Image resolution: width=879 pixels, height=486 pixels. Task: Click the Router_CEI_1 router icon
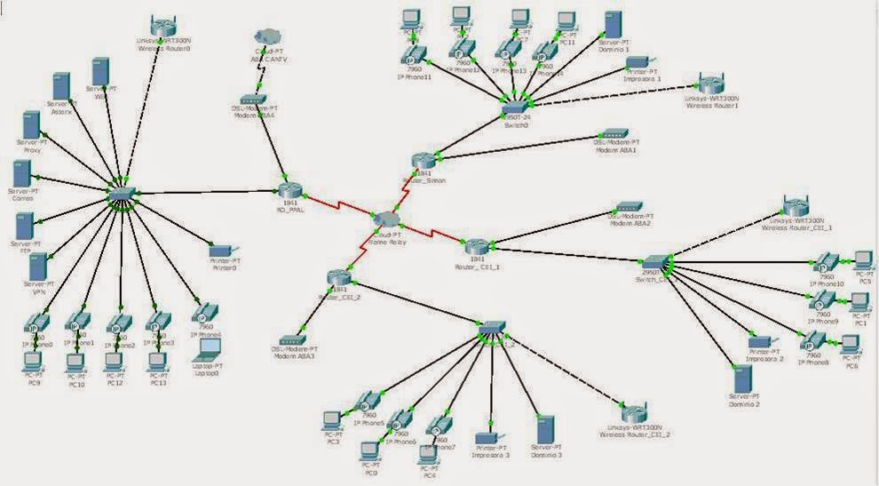pos(476,246)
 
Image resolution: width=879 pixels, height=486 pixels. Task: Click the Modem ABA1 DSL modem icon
pos(613,139)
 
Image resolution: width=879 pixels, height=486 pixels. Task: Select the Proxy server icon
pos(32,126)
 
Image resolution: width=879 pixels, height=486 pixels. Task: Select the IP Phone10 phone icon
pos(827,262)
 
